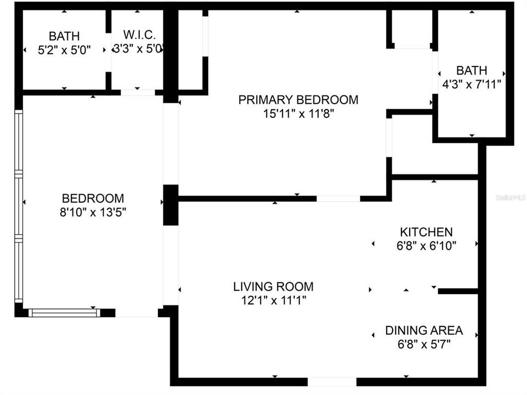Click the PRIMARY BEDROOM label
[x=298, y=100]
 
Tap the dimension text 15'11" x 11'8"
[x=298, y=114]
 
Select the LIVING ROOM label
[x=273, y=286]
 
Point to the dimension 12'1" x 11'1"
[x=273, y=300]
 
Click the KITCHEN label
[x=426, y=232]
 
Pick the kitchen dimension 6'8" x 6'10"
[x=426, y=246]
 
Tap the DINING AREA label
[x=424, y=331]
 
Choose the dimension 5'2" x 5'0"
[x=64, y=49]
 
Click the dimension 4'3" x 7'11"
[x=472, y=84]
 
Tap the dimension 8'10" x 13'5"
[x=93, y=212]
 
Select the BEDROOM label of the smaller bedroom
[x=93, y=199]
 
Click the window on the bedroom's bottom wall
[x=64, y=313]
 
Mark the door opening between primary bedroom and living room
[x=338, y=199]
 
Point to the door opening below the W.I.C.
[x=138, y=92]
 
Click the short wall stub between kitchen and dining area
[x=458, y=291]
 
